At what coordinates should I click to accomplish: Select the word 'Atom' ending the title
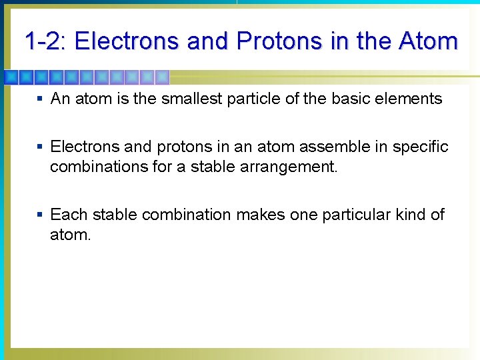tap(429, 41)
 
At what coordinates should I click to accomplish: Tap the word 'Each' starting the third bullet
tap(69, 215)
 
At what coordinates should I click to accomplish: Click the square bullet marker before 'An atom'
tap(41, 99)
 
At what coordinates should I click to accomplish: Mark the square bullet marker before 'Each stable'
tap(41, 215)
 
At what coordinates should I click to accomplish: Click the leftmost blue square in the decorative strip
tap(10, 77)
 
